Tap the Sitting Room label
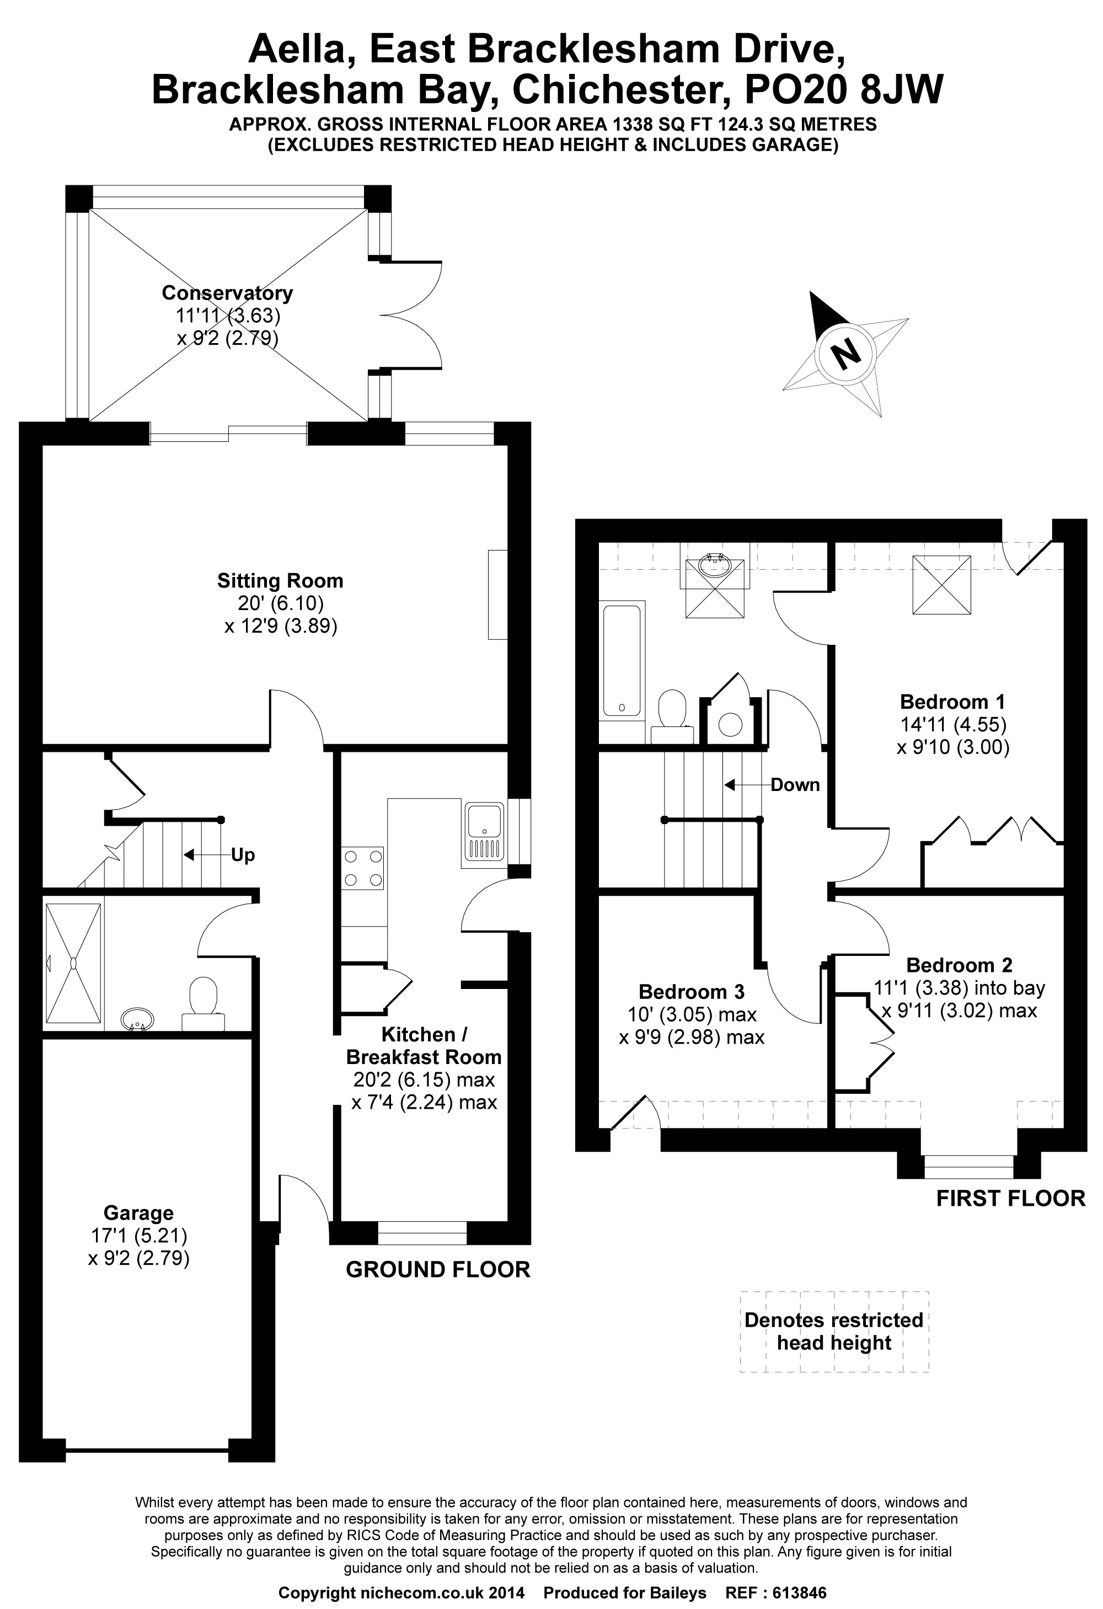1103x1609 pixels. (x=280, y=580)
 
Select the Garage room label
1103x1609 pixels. (x=138, y=1212)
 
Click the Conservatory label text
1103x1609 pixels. (x=227, y=293)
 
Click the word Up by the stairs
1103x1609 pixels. (x=243, y=855)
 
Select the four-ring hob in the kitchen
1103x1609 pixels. (x=363, y=868)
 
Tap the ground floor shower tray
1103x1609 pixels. (x=73, y=963)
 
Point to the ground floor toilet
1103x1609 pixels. (x=203, y=1004)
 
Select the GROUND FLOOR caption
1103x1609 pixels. (x=437, y=1269)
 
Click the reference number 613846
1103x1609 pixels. (x=799, y=1592)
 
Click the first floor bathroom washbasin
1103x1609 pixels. (x=715, y=564)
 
